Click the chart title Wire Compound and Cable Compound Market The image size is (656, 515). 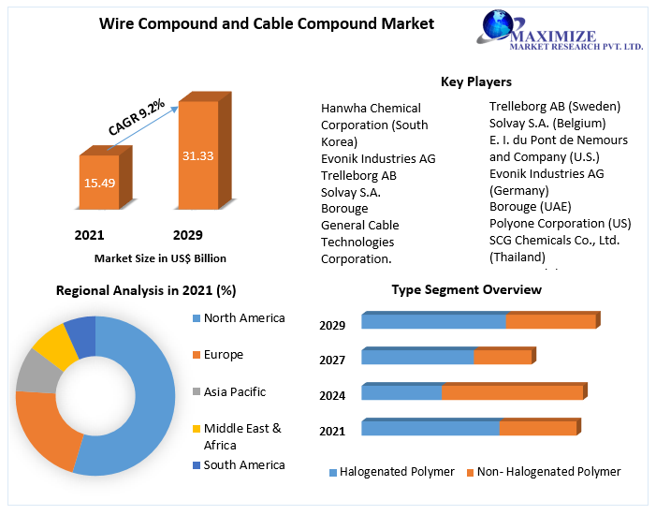[267, 23]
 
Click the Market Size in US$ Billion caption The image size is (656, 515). [160, 257]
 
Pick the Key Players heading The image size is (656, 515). [475, 81]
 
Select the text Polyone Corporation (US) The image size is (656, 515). [560, 223]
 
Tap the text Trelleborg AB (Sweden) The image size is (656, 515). [554, 107]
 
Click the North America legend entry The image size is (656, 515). [243, 318]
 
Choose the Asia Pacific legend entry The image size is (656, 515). [234, 391]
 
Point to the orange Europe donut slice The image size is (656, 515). [42, 431]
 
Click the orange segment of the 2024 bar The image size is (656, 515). [512, 392]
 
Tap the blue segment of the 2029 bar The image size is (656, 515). [433, 321]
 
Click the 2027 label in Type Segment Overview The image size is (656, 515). [332, 360]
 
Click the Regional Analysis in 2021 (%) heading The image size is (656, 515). [146, 290]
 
